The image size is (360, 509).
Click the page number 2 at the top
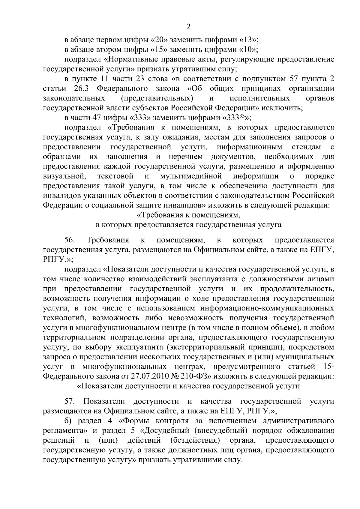point(188,27)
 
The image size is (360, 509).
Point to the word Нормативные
point(134,59)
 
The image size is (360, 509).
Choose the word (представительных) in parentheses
point(157,98)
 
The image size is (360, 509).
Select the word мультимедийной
point(191,176)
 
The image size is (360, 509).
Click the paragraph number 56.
point(70,240)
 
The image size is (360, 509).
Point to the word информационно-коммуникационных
point(267,308)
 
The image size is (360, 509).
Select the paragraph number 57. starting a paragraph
point(70,401)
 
